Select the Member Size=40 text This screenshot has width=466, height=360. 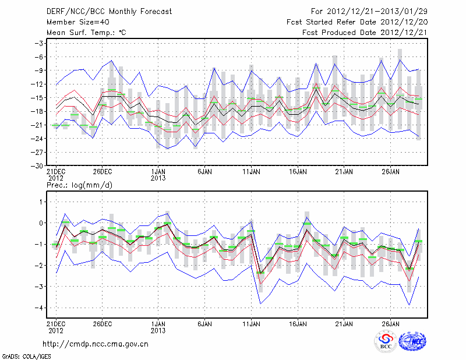73,22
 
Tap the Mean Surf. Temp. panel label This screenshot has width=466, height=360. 86,33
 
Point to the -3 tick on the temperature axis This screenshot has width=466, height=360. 41,43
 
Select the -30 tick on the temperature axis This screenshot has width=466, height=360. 39,165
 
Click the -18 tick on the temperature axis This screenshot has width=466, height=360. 39,111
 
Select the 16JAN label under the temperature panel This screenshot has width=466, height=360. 298,172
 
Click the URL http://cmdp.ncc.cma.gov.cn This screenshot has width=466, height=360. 96,343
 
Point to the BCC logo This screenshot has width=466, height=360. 386,341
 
